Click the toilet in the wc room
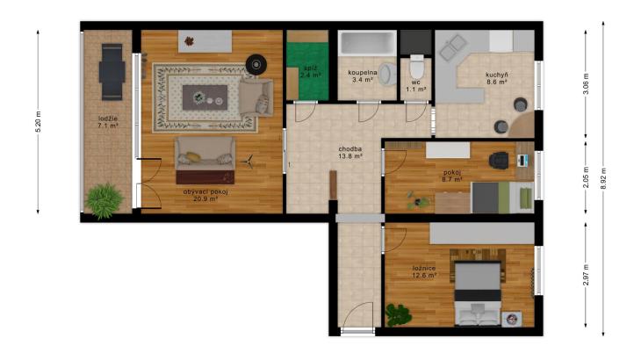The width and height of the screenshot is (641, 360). [417, 67]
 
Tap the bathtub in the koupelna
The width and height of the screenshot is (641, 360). [367, 43]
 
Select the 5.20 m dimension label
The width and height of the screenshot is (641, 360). [39, 122]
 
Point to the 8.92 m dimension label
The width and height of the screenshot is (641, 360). [603, 178]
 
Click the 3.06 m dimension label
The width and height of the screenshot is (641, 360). [586, 83]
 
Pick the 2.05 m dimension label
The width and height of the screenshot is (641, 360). [586, 177]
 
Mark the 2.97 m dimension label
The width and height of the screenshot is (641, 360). [586, 275]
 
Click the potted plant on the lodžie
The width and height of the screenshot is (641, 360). [104, 201]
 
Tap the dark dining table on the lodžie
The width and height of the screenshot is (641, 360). [112, 72]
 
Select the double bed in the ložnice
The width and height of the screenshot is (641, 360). [478, 293]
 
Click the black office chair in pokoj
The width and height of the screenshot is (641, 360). [499, 160]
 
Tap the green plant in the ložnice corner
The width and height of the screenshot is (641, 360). [398, 314]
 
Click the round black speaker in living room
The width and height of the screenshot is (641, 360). [256, 65]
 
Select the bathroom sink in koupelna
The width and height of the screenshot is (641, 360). [387, 75]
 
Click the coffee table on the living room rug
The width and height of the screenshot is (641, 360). [205, 97]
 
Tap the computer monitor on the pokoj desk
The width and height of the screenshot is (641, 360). [521, 161]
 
